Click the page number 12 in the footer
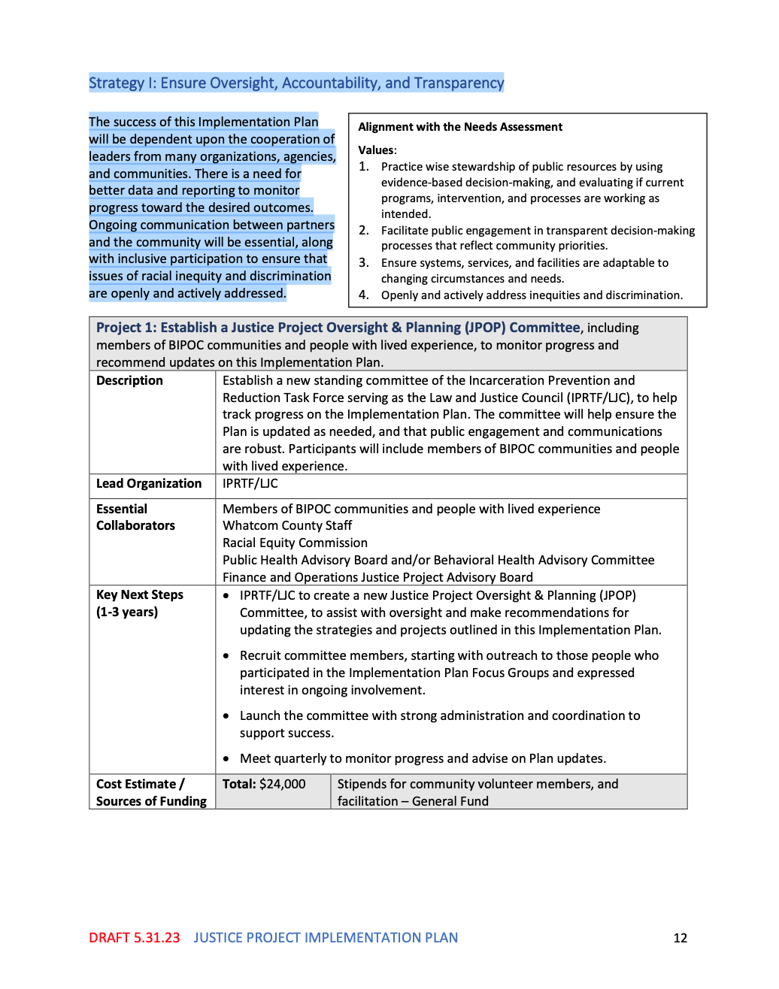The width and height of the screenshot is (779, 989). (x=680, y=938)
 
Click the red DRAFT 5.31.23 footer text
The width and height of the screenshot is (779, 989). (x=134, y=938)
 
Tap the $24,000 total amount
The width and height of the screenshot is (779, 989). (x=282, y=784)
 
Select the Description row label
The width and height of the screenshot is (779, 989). (x=129, y=380)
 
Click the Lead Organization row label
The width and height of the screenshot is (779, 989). (x=149, y=483)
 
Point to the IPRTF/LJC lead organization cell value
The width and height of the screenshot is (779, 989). (x=250, y=483)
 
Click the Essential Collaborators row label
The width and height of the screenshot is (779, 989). (x=135, y=517)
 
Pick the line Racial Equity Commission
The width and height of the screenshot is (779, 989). (x=295, y=543)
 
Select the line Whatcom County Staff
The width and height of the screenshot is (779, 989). (x=287, y=525)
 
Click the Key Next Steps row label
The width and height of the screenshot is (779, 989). (x=140, y=594)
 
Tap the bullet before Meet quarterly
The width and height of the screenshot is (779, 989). (x=226, y=759)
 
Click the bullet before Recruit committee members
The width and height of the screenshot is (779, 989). (x=226, y=656)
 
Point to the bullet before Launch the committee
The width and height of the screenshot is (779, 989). (x=226, y=716)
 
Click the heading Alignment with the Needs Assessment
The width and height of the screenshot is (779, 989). (x=460, y=127)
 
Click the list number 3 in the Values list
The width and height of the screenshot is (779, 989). (x=363, y=263)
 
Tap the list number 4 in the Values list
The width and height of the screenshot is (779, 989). (x=363, y=295)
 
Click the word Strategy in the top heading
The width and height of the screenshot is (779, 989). (x=117, y=83)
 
